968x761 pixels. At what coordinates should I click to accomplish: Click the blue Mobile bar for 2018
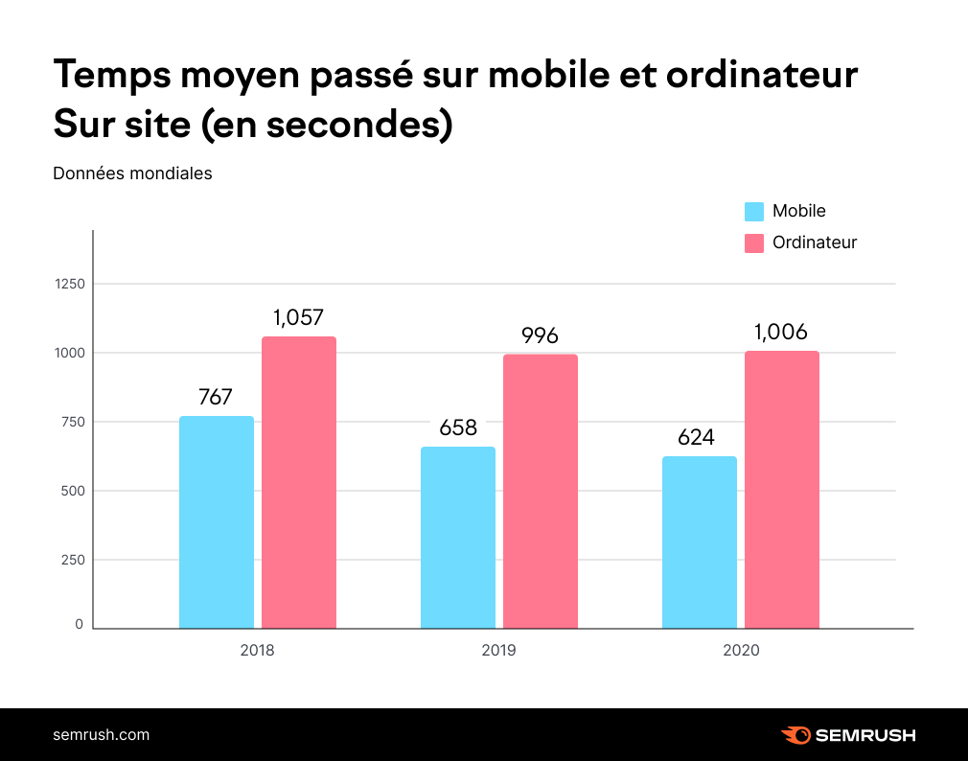pyautogui.click(x=217, y=522)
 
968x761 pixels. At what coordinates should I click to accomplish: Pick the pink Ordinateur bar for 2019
pyautogui.click(x=541, y=491)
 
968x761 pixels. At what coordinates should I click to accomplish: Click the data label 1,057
pyautogui.click(x=298, y=317)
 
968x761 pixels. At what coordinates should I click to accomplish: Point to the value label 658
pyautogui.click(x=458, y=427)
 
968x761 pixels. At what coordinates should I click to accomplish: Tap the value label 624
pyautogui.click(x=696, y=437)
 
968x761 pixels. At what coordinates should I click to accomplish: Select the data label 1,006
pyautogui.click(x=780, y=332)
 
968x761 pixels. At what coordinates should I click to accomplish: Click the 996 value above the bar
pyautogui.click(x=540, y=335)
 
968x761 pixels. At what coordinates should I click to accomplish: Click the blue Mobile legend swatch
pyautogui.click(x=754, y=212)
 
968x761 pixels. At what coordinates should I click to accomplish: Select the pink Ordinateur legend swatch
pyautogui.click(x=754, y=243)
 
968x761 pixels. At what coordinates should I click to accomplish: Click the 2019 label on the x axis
pyautogui.click(x=498, y=650)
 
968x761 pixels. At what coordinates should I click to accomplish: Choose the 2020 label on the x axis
pyautogui.click(x=741, y=650)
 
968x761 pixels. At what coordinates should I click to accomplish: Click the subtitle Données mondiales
pyautogui.click(x=132, y=173)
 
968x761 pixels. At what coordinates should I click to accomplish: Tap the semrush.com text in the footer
pyautogui.click(x=101, y=735)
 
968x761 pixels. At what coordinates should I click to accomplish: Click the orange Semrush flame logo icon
pyautogui.click(x=795, y=735)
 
